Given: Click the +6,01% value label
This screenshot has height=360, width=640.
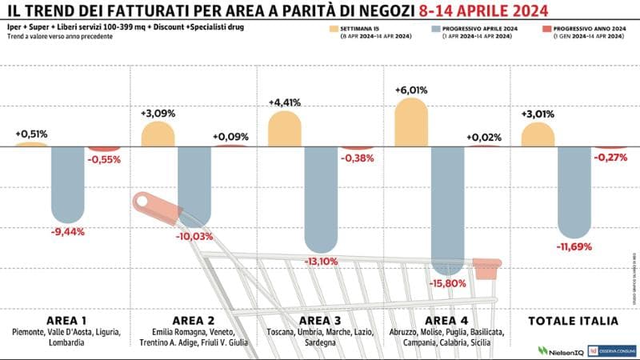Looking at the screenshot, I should pos(410,90).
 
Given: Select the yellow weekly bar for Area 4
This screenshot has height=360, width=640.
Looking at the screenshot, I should pos(410,121).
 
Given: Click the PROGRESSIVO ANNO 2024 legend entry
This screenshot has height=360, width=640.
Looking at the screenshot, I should pos(590,30).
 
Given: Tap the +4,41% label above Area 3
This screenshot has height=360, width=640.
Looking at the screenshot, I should pos(285,102).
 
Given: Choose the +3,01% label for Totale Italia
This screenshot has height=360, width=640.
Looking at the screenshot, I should pos(537,113).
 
